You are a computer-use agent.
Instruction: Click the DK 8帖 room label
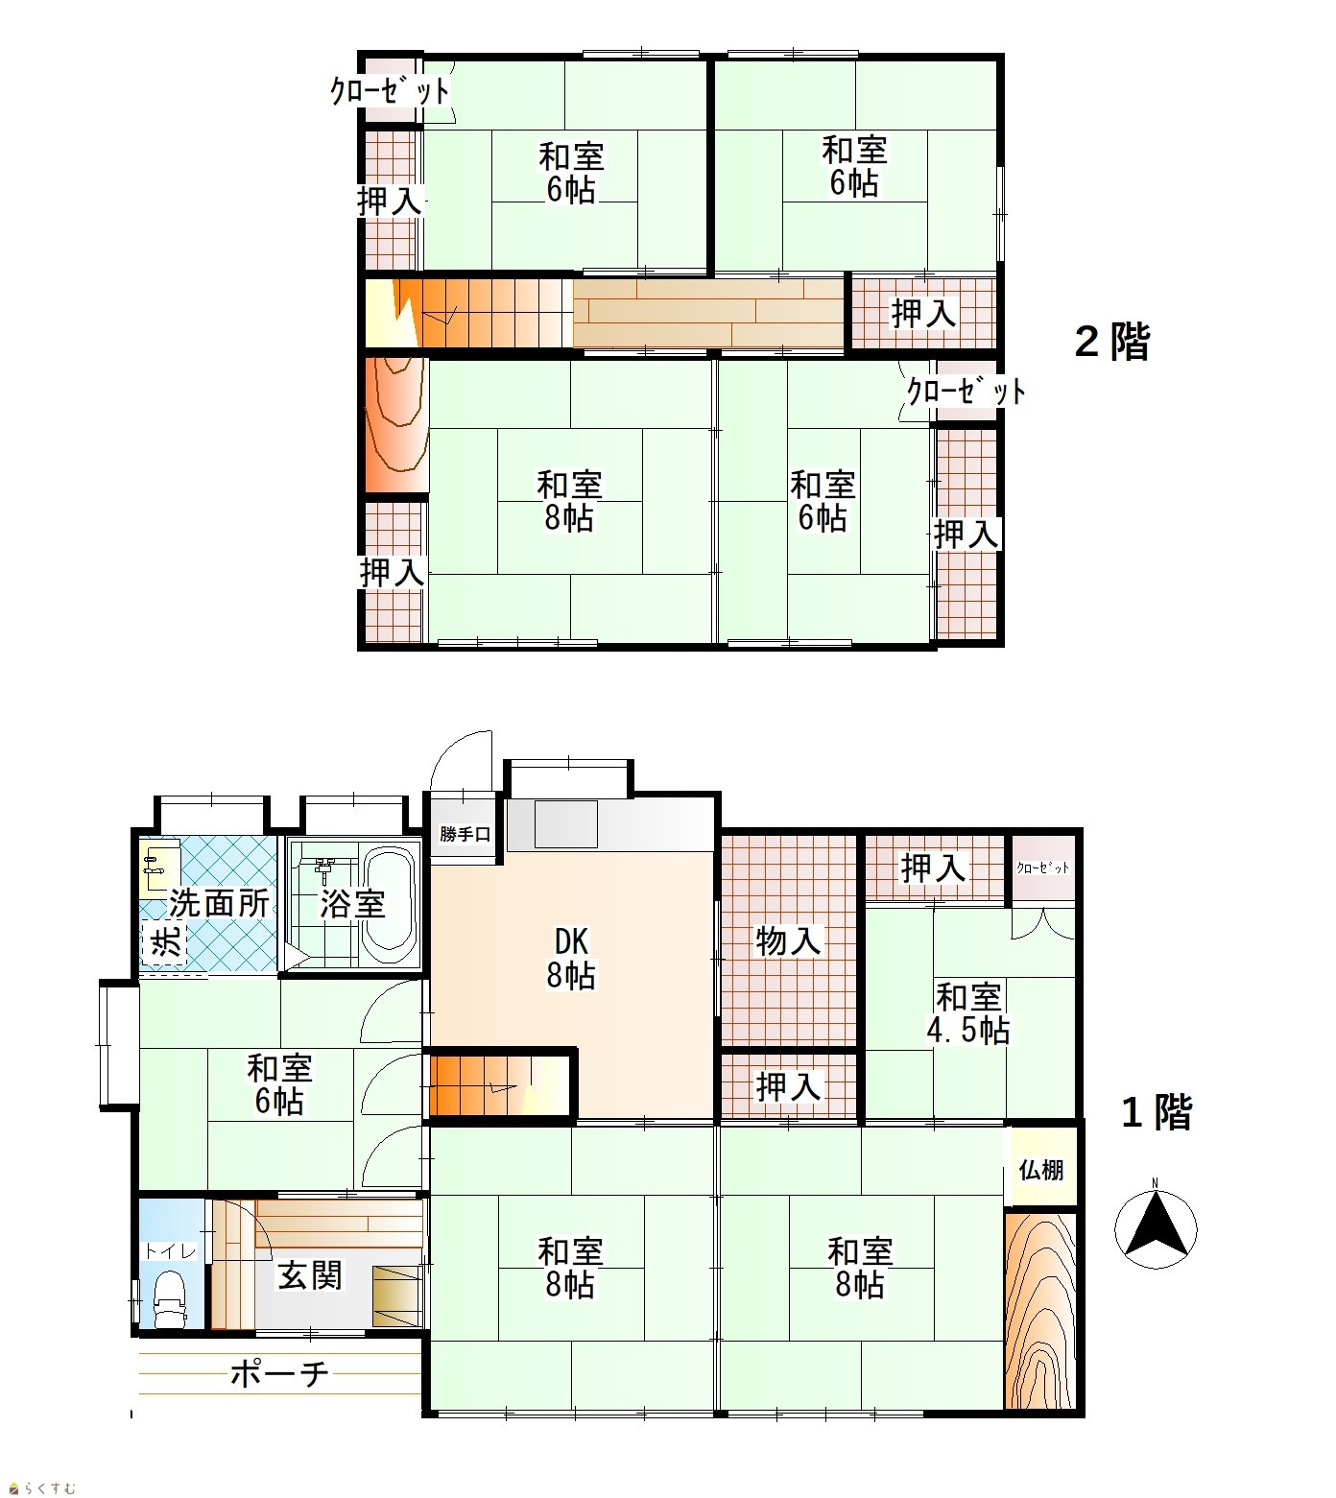(x=571, y=958)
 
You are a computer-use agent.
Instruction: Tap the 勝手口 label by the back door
(x=465, y=834)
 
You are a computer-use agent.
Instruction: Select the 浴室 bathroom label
(x=352, y=903)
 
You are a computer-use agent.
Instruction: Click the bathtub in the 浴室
(x=388, y=906)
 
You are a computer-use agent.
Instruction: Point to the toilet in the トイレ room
(x=170, y=1297)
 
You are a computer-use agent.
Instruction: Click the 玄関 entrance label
(x=309, y=1275)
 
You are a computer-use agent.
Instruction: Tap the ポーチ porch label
(x=280, y=1374)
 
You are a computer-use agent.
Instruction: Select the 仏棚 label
(x=1040, y=1170)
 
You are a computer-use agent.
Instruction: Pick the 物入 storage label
(x=788, y=940)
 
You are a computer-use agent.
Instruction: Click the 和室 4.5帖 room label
(x=967, y=1013)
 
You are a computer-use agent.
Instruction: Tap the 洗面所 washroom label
(x=219, y=903)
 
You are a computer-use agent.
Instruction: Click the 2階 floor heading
(x=1112, y=342)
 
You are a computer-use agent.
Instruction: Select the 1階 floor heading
(x=1157, y=1112)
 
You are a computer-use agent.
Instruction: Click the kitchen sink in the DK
(x=566, y=824)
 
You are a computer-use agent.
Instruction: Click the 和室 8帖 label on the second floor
(x=569, y=501)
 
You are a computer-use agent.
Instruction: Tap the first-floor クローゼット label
(x=1042, y=868)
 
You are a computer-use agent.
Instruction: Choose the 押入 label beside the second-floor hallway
(x=923, y=313)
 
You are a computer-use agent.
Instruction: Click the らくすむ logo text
(x=41, y=1487)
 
